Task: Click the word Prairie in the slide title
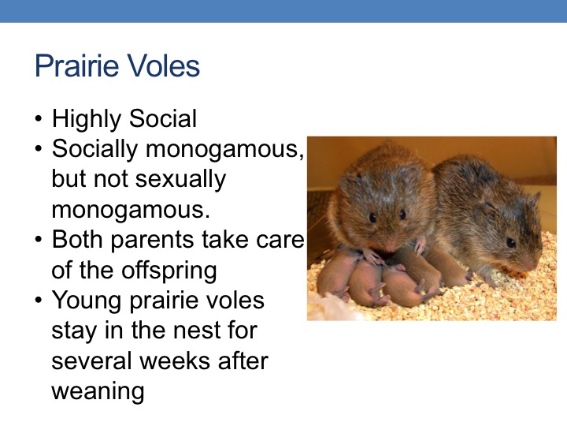coord(76,65)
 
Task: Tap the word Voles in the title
coord(164,65)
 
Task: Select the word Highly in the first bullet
coord(87,119)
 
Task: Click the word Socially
coord(94,149)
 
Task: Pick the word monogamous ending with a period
coord(131,210)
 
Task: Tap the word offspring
coord(169,271)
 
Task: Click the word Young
coord(87,301)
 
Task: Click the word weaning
coord(98,392)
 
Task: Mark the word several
coord(91,361)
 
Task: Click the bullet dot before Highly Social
coord(39,118)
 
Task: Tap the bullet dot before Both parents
coord(39,239)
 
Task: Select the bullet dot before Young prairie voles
coord(39,300)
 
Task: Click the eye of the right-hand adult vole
coord(511,242)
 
